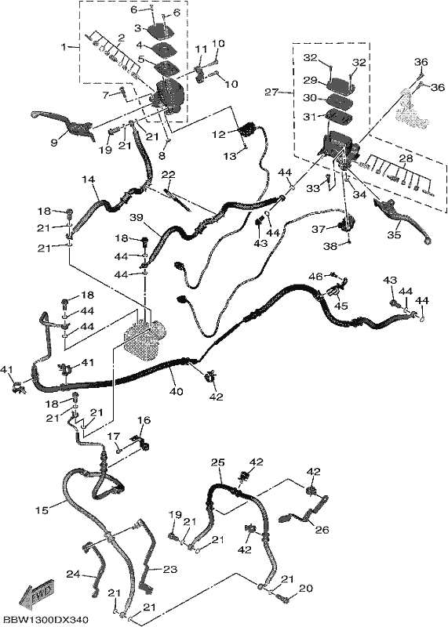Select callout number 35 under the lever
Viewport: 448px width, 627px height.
click(394, 234)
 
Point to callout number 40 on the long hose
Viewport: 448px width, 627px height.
click(176, 391)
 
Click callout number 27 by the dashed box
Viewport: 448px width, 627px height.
click(271, 92)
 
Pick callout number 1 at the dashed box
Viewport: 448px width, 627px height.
click(64, 47)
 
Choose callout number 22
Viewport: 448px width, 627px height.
click(169, 175)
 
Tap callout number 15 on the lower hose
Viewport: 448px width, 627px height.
click(42, 510)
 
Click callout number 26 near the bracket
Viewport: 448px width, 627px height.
click(322, 530)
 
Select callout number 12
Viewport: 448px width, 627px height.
click(219, 135)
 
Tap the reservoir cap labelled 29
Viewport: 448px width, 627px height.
click(340, 85)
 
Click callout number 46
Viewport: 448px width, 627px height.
click(315, 276)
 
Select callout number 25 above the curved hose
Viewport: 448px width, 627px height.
click(218, 462)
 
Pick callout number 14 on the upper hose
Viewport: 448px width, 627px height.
click(89, 180)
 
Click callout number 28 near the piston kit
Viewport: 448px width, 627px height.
click(406, 159)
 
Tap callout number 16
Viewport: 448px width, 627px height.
click(144, 420)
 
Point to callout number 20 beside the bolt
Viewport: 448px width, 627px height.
click(305, 589)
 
